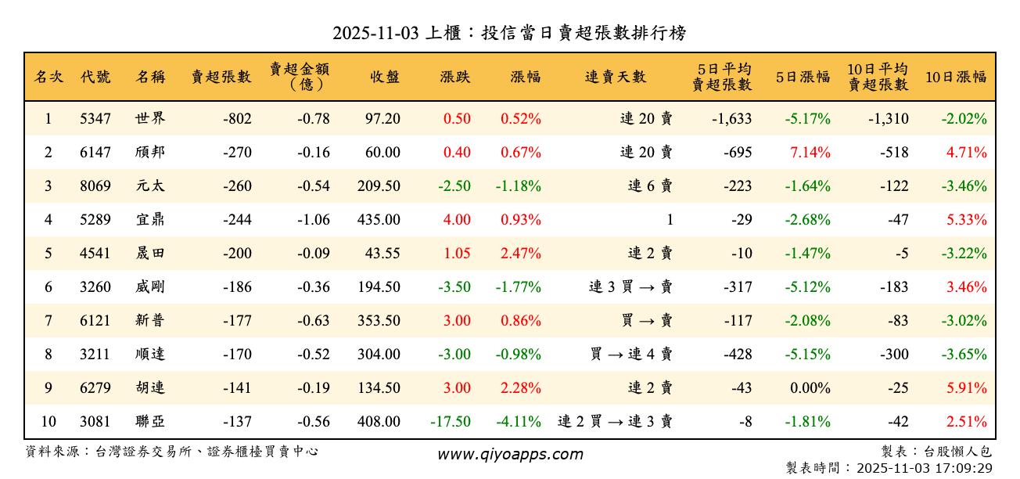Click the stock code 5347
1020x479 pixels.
click(95, 119)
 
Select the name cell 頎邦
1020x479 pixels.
click(150, 153)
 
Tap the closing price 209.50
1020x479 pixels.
click(379, 186)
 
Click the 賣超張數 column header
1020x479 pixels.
click(221, 77)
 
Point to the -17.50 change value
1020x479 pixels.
click(451, 422)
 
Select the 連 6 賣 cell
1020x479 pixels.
click(650, 186)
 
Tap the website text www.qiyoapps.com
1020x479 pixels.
click(510, 455)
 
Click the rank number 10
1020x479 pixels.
click(48, 422)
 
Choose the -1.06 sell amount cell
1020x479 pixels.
click(313, 220)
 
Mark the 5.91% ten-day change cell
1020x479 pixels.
click(966, 388)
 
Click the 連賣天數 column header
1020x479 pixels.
click(616, 77)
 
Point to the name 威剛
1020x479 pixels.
click(150, 287)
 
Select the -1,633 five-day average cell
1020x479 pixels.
click(732, 119)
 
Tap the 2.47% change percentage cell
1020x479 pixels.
click(520, 254)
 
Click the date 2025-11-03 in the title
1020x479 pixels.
click(375, 33)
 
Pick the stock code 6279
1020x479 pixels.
click(95, 388)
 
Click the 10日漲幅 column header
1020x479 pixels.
click(956, 77)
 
